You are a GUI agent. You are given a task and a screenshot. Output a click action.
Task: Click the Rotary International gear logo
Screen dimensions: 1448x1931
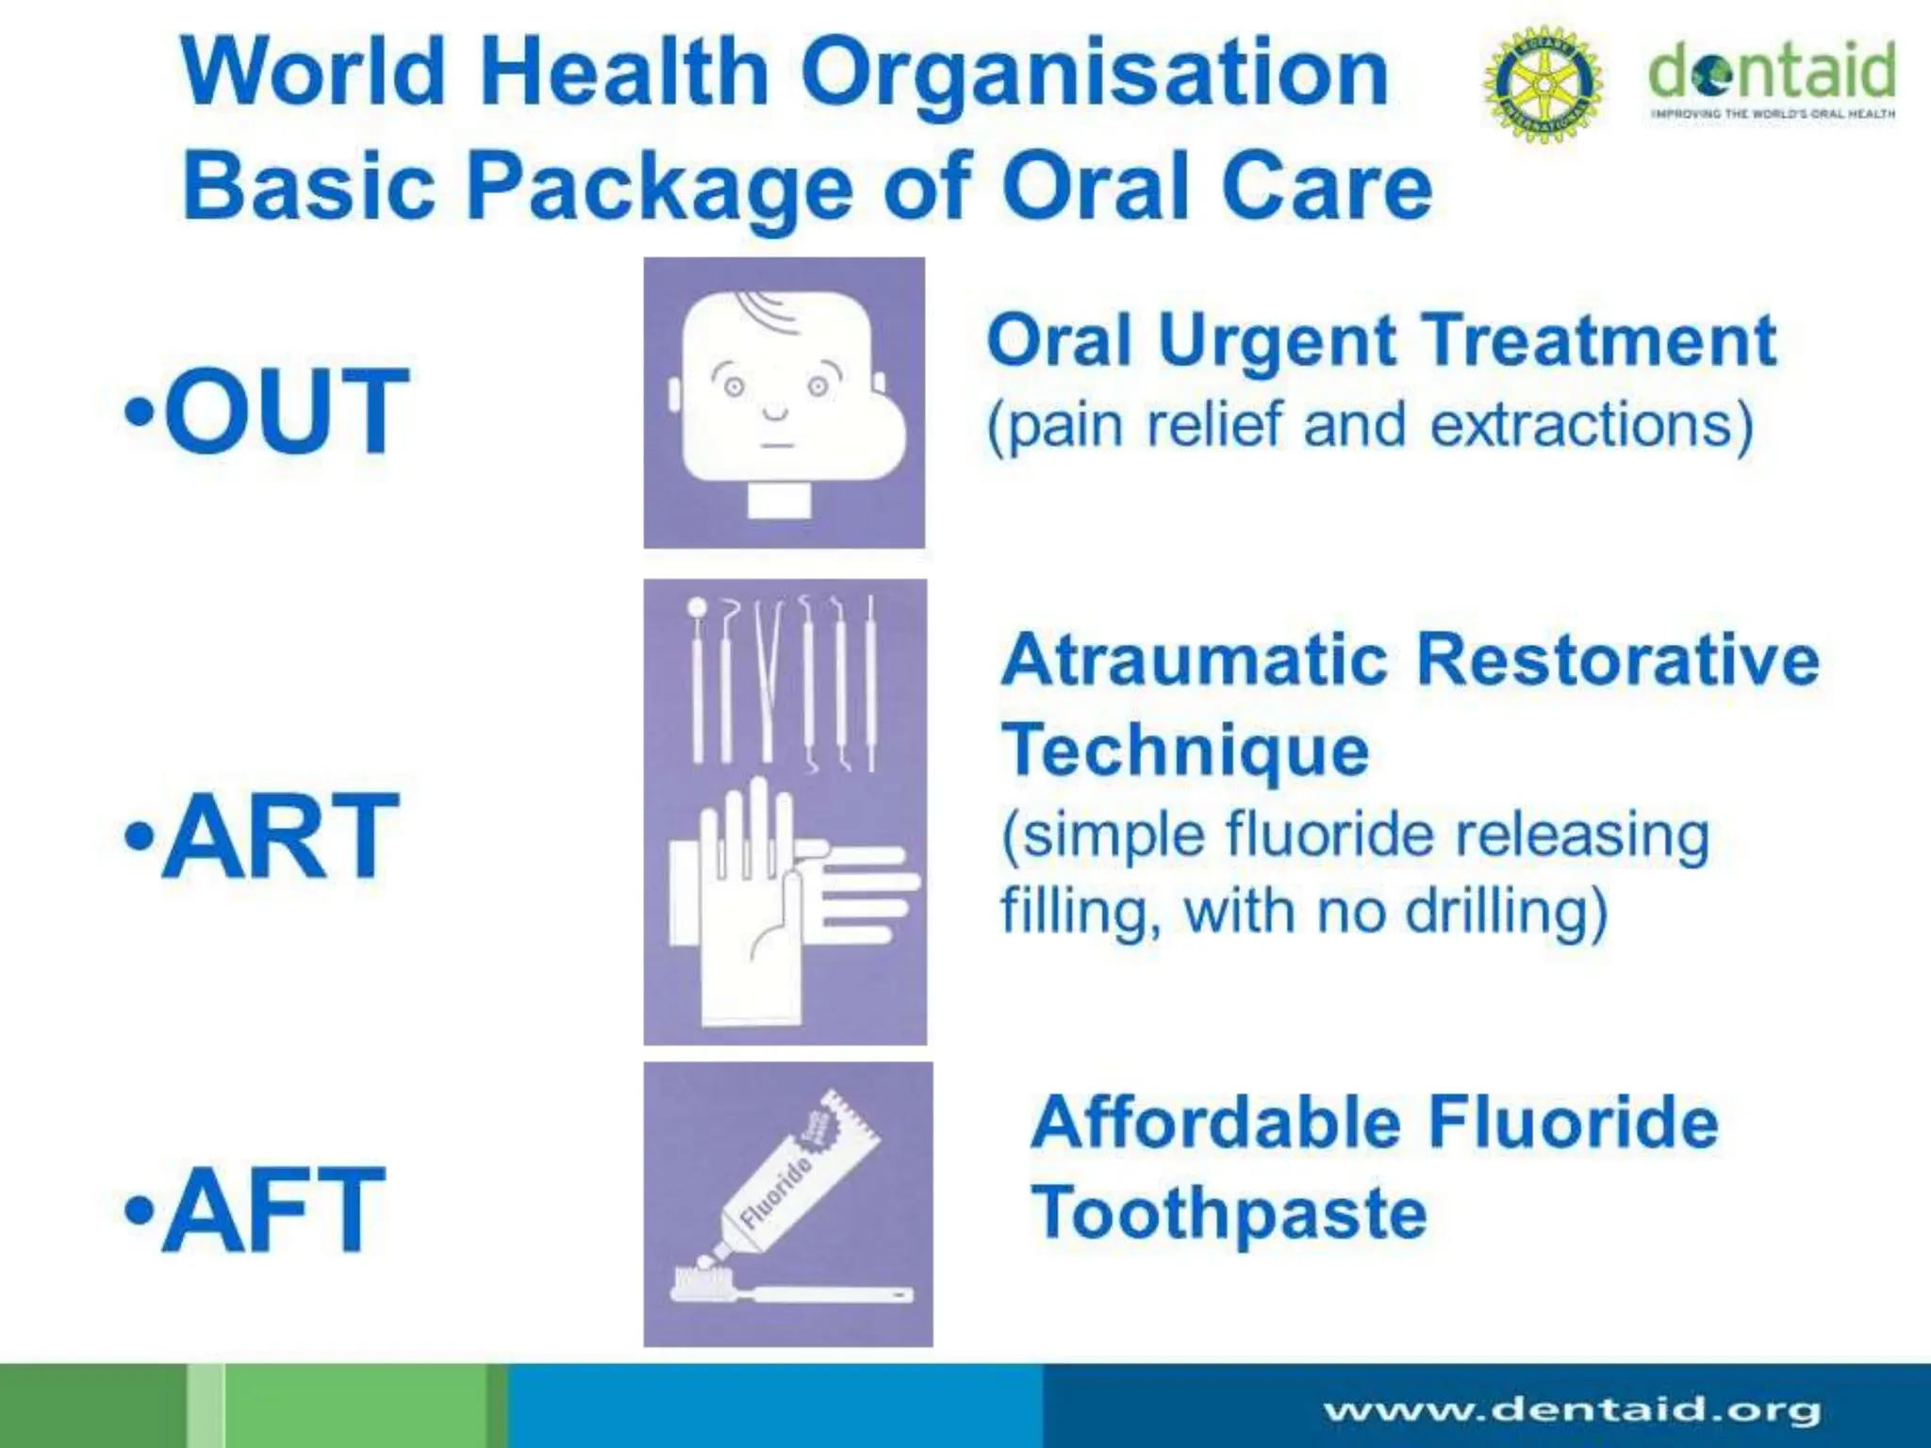pyautogui.click(x=1543, y=85)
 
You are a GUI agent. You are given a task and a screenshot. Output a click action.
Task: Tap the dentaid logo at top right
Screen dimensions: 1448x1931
pyautogui.click(x=1772, y=79)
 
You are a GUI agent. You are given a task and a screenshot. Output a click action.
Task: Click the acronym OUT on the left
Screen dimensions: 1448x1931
pyautogui.click(x=285, y=411)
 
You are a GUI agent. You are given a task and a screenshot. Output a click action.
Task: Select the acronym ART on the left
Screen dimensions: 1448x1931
pyautogui.click(x=280, y=835)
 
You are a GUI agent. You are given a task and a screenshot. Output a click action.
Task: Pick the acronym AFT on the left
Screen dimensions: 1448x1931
pyautogui.click(x=272, y=1209)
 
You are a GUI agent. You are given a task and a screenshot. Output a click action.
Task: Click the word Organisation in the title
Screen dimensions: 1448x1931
pyautogui.click(x=1095, y=74)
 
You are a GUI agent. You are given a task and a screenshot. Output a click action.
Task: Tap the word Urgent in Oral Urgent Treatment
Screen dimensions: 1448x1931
pyautogui.click(x=1277, y=341)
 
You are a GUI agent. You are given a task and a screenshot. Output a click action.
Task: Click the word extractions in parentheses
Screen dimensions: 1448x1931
pyautogui.click(x=1592, y=425)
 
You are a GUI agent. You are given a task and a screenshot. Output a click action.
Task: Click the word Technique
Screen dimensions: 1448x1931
pyautogui.click(x=1184, y=750)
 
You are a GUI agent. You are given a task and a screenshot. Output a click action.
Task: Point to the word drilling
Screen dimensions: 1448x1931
pyautogui.click(x=1504, y=912)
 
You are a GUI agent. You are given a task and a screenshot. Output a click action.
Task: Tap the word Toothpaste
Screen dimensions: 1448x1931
pyautogui.click(x=1229, y=1213)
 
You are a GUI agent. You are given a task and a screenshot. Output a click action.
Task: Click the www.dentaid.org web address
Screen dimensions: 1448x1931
pyautogui.click(x=1571, y=1410)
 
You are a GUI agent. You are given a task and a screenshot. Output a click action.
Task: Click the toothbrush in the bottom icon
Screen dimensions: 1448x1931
pyautogui.click(x=792, y=1290)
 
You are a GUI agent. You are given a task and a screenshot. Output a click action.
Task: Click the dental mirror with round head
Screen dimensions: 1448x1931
pyautogui.click(x=698, y=679)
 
